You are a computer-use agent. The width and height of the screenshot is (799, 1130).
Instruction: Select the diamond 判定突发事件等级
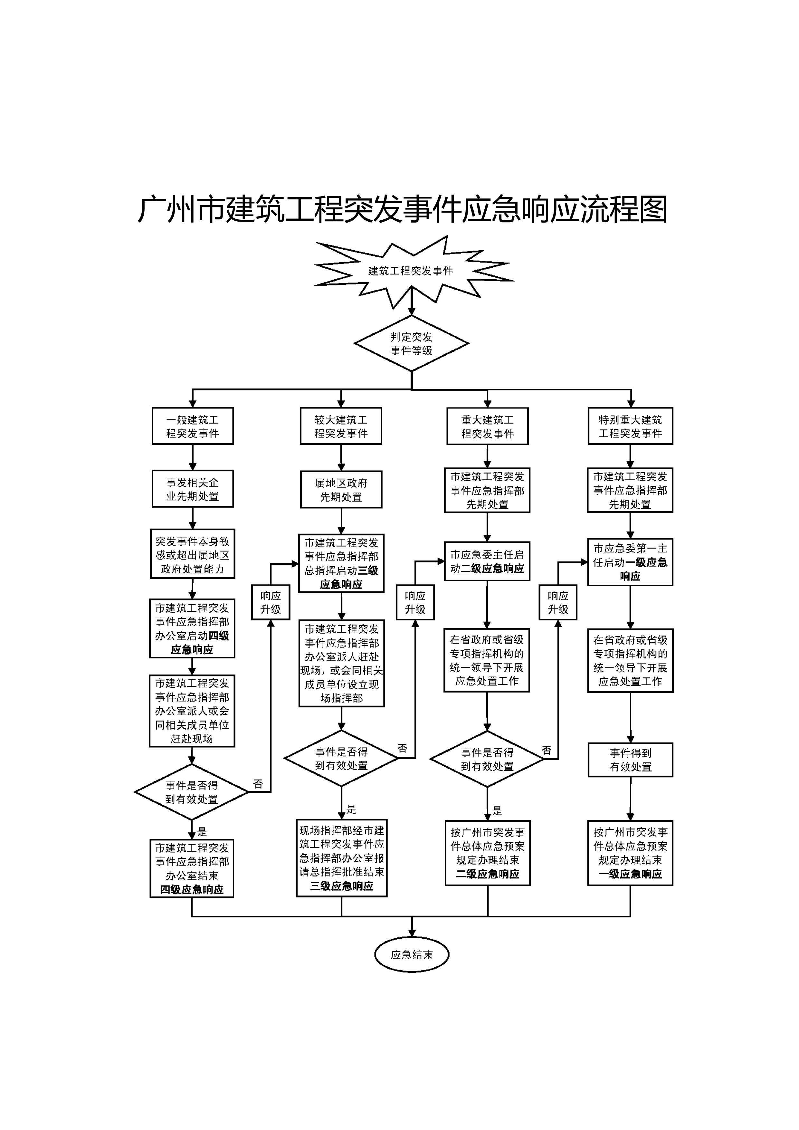pos(411,343)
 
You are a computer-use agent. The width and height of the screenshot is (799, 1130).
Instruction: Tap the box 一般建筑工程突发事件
pos(192,426)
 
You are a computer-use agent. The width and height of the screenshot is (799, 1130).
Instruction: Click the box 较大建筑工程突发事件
pos(341,426)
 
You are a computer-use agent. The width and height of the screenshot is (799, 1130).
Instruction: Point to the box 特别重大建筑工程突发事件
pos(630,426)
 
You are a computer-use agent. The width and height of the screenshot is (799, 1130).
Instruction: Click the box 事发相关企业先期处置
pos(192,489)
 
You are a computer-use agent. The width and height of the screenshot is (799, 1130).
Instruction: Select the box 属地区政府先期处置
pos(341,490)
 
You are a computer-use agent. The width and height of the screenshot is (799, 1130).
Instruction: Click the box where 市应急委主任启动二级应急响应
pos(487,561)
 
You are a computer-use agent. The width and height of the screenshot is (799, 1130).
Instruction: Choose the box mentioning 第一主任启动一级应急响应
pos(630,562)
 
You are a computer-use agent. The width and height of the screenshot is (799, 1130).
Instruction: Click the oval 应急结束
pos(411,955)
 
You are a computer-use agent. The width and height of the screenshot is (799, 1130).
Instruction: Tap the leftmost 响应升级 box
pos(270,602)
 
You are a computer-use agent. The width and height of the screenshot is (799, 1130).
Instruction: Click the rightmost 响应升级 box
pos(558,602)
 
